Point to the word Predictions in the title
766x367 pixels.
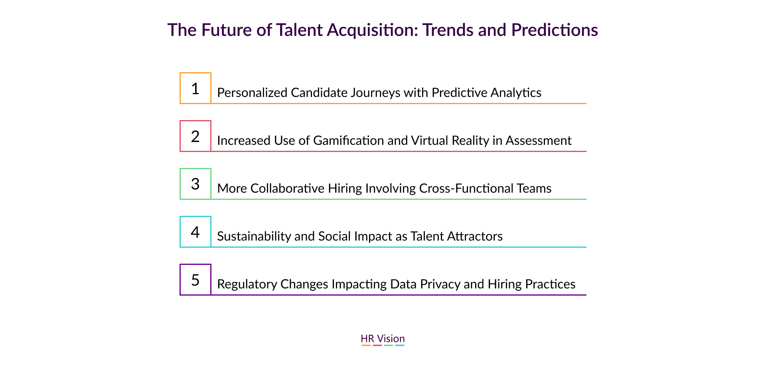click(x=555, y=30)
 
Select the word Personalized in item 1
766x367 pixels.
click(x=252, y=93)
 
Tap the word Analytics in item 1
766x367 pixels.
click(x=516, y=93)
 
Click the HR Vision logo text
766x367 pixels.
click(x=383, y=339)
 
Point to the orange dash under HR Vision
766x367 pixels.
click(x=366, y=345)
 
